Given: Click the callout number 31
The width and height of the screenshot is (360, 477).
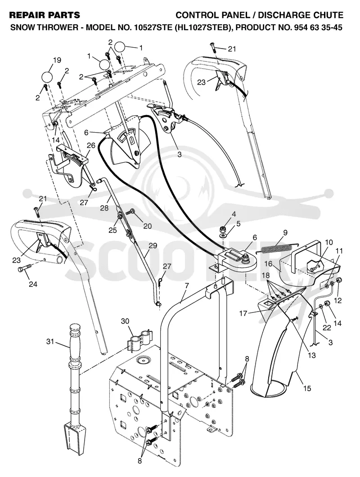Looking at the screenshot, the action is (50, 342).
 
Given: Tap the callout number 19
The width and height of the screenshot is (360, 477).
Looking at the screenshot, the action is (57, 60).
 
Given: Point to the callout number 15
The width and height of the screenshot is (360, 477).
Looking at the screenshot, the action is (307, 388).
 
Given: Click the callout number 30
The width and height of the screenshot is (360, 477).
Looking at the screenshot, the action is (125, 321).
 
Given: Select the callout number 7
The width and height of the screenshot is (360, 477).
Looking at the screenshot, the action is (187, 286).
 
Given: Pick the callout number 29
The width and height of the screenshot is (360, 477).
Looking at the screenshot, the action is (153, 245).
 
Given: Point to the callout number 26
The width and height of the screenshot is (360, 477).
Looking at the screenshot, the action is (91, 145).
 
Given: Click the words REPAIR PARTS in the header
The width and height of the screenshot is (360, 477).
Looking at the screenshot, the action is (45, 15).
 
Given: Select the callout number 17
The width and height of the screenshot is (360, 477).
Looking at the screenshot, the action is (243, 312).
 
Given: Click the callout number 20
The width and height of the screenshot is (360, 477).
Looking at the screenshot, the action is (148, 226).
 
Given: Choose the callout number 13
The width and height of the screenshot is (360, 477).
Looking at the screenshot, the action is (311, 355).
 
